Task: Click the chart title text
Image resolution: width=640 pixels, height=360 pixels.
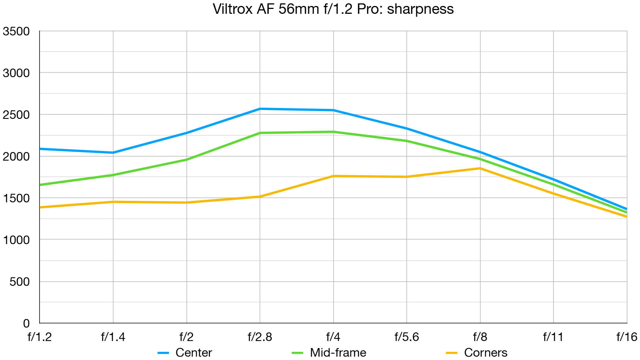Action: coord(333,9)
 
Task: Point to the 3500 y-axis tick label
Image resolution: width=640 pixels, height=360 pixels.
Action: coord(16,31)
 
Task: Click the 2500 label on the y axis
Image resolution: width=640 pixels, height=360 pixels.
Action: coord(16,115)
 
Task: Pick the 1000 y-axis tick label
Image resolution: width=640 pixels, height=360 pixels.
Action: coord(16,240)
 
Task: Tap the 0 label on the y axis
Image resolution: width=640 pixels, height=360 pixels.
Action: coord(26,323)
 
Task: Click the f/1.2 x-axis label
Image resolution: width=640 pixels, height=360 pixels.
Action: coord(40,337)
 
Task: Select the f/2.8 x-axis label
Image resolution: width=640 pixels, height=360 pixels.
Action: coord(260,337)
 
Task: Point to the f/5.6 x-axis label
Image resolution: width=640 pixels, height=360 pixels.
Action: coord(407,337)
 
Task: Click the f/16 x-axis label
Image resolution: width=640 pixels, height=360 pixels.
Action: coord(627,337)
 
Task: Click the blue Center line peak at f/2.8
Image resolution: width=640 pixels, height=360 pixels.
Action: coord(260,109)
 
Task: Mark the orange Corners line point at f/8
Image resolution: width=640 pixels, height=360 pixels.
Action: coord(480,168)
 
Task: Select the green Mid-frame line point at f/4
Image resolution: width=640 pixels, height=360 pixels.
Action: coord(333,132)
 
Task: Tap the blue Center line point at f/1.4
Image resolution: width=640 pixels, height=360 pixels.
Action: coord(113,152)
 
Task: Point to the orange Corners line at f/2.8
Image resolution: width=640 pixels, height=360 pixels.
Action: coord(260,196)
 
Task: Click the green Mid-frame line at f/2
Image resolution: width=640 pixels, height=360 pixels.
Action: coord(186,160)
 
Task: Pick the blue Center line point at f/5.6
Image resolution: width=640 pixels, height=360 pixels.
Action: coord(407,129)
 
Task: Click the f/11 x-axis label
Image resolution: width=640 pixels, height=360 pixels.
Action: coord(553,337)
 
